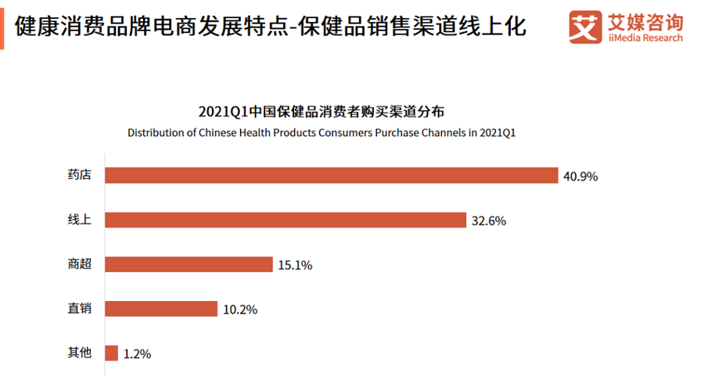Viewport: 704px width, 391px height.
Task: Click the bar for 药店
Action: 331,175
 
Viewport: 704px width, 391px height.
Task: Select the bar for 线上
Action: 286,220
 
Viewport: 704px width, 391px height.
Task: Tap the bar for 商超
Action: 189,264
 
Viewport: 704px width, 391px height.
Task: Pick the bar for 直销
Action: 160,309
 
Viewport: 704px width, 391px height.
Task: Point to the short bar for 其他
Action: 111,353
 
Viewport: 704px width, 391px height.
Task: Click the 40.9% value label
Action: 580,177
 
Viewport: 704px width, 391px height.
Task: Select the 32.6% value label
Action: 489,221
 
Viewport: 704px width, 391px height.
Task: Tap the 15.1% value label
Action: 295,266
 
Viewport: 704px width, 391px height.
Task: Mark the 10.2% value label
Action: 239,310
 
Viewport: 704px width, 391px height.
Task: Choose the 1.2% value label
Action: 137,354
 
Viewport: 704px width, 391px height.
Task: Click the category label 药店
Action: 80,175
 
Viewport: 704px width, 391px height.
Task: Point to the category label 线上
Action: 80,220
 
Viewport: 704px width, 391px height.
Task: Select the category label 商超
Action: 80,264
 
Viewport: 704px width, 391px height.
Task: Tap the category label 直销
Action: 80,309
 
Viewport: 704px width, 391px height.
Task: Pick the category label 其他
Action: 80,353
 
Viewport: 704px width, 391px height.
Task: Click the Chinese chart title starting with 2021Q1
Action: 321,110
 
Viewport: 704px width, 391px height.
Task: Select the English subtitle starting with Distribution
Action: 321,132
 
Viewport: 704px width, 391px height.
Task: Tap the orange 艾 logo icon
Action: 584,27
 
